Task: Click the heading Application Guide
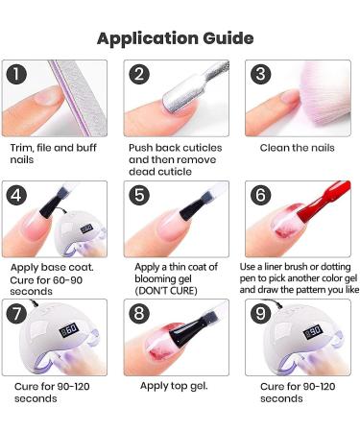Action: pos(175,38)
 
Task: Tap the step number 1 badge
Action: pos(16,74)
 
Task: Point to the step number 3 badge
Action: pos(257,74)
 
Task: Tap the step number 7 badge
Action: pos(16,312)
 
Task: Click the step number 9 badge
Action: pos(257,312)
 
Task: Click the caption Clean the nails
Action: pos(299,148)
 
